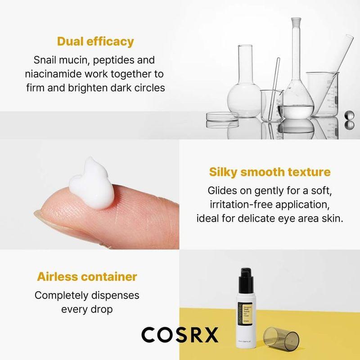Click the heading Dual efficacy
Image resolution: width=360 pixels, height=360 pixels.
(x=95, y=42)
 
